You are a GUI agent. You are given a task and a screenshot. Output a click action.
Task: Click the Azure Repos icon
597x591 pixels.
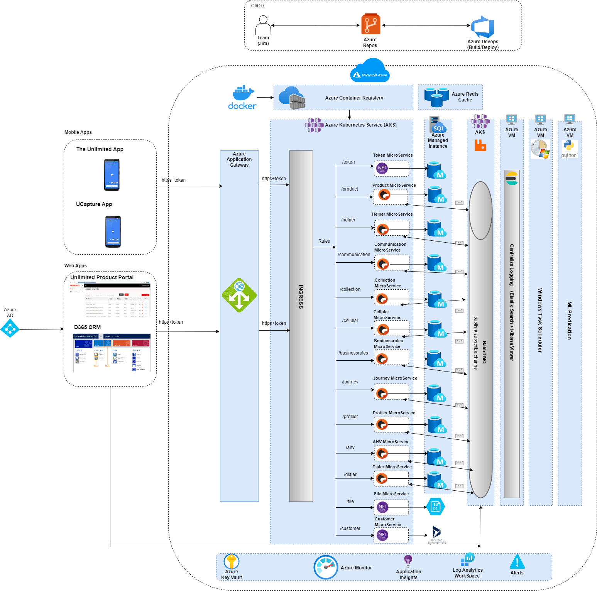click(x=370, y=24)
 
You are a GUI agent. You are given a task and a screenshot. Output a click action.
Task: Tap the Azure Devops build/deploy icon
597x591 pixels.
click(x=482, y=27)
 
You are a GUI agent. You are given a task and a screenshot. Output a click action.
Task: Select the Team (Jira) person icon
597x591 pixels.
click(x=263, y=25)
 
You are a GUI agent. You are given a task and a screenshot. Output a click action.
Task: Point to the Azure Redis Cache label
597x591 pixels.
click(x=465, y=97)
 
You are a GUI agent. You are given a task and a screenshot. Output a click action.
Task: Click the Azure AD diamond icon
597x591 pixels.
click(x=10, y=329)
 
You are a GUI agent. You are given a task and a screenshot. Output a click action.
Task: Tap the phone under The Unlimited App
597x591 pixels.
click(x=112, y=175)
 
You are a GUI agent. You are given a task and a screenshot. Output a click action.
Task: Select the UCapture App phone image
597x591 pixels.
click(x=113, y=231)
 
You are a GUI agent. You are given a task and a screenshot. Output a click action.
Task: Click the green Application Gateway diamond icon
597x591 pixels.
click(x=239, y=295)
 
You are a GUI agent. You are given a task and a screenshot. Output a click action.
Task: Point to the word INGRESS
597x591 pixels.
click(x=301, y=297)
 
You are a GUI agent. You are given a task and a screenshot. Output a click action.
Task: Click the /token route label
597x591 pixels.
click(x=348, y=162)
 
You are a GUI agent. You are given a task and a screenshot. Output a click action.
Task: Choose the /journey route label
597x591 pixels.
click(x=350, y=382)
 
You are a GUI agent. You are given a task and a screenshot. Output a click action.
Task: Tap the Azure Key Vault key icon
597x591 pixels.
click(x=232, y=561)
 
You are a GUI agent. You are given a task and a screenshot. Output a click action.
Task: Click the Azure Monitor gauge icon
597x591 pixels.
click(x=326, y=567)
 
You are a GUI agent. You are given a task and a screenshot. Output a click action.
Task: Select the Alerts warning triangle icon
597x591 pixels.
click(x=517, y=562)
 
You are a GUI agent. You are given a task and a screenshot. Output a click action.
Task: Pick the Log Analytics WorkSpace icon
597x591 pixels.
click(x=467, y=560)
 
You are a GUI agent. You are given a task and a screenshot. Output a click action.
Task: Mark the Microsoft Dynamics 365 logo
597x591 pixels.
click(x=436, y=533)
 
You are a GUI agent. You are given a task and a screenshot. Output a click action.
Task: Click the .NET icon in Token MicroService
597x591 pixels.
click(x=382, y=168)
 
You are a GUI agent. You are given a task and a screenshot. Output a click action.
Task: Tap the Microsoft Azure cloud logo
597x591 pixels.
click(x=370, y=71)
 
